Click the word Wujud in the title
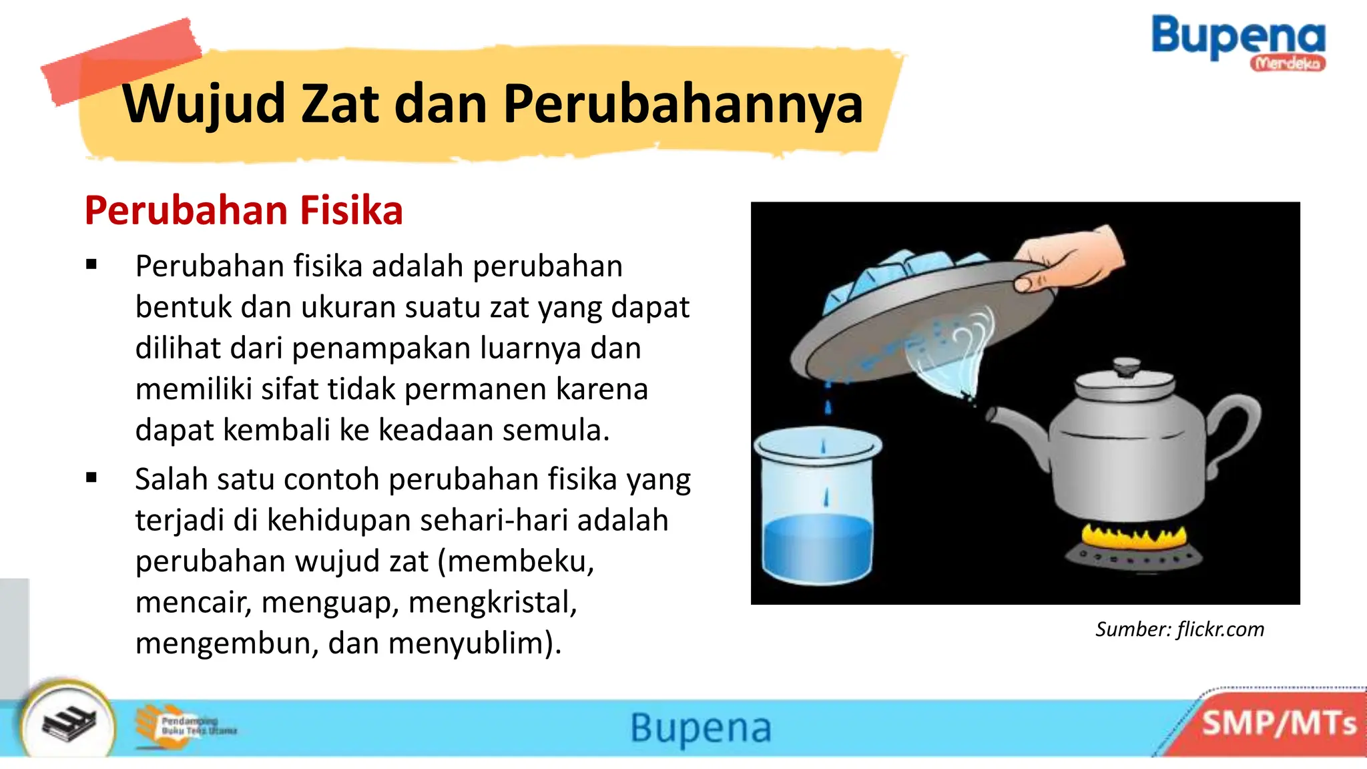(x=204, y=105)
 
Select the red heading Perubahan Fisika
(x=244, y=210)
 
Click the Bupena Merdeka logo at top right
(x=1238, y=41)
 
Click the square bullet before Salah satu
(x=91, y=477)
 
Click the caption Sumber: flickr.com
(x=1179, y=629)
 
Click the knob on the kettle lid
(x=1126, y=366)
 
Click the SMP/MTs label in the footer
(x=1278, y=724)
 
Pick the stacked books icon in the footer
(x=68, y=724)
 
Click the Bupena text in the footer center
(x=701, y=728)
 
